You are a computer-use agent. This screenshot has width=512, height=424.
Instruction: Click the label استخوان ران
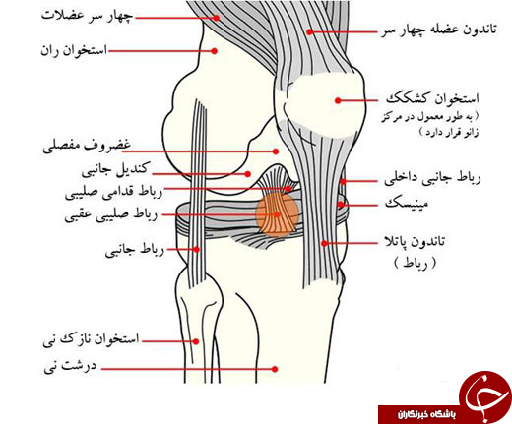pos(74,51)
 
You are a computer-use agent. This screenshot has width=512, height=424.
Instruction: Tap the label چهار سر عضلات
pos(88,16)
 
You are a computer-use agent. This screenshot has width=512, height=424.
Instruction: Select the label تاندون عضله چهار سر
pos(439,30)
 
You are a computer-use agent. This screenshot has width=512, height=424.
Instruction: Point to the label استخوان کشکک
pos(432,99)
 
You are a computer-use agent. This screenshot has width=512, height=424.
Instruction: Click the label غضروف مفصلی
pos(87,147)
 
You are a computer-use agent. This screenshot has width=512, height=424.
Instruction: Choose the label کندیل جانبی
pos(116,170)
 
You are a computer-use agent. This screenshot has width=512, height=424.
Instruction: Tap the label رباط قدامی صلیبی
pos(114,193)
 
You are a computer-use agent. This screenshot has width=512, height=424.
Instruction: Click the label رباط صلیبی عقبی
pos(111,215)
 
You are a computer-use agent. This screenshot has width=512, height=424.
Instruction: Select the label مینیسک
pos(407,204)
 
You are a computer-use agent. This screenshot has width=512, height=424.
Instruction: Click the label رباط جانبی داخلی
pos(432,179)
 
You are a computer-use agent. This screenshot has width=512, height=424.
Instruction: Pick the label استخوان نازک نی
pos(92,339)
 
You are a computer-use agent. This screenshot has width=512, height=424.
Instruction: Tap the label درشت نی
pos(71,366)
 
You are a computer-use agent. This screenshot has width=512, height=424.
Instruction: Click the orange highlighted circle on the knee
pos(278,214)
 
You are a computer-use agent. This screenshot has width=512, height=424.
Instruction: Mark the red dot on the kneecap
pos(338,100)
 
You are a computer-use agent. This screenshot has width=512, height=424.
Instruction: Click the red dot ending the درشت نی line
pos(275,369)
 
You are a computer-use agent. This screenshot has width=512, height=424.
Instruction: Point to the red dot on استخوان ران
pos(215,51)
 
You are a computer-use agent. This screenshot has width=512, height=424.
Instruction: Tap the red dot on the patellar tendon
pos(324,243)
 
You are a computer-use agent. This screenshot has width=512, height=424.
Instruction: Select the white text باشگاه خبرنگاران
pos(426,415)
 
